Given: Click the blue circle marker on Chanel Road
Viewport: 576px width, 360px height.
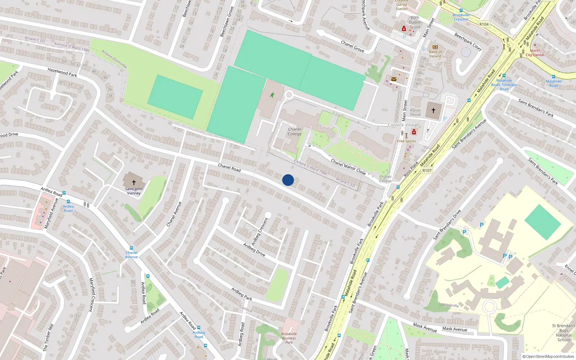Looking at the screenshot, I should click(288, 180).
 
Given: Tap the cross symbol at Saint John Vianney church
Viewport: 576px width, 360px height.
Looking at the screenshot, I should click(134, 183).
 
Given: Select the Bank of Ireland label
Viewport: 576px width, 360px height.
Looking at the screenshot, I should click(435, 54).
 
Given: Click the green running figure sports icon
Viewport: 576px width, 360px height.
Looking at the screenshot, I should click(272, 95).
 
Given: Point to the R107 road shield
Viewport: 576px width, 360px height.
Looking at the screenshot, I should click(427, 170).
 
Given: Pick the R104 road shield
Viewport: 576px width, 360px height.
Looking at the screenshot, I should click(484, 24).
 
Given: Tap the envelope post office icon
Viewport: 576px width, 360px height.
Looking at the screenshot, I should click(394, 79).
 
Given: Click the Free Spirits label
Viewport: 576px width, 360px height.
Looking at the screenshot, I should click(406, 141).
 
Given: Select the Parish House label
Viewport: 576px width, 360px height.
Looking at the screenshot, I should click(415, 113).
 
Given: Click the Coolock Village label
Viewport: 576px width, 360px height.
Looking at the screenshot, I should click(403, 125).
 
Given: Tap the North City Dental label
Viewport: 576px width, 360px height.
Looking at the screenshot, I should click(535, 53).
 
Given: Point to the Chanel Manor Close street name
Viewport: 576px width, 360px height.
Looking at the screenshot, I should click(348, 167).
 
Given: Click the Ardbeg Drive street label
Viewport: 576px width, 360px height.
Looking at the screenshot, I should click(254, 249).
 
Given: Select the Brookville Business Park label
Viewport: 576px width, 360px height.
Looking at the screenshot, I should click(289, 338).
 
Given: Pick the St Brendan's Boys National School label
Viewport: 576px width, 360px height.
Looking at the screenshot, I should click(563, 333).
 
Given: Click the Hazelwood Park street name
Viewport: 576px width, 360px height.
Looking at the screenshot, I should click(62, 72).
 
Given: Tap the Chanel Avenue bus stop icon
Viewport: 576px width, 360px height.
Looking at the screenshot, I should click(131, 248).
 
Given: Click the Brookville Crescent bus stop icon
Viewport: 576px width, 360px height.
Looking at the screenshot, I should click(461, 11).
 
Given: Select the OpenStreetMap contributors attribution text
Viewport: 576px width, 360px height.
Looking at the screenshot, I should click(548, 356).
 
